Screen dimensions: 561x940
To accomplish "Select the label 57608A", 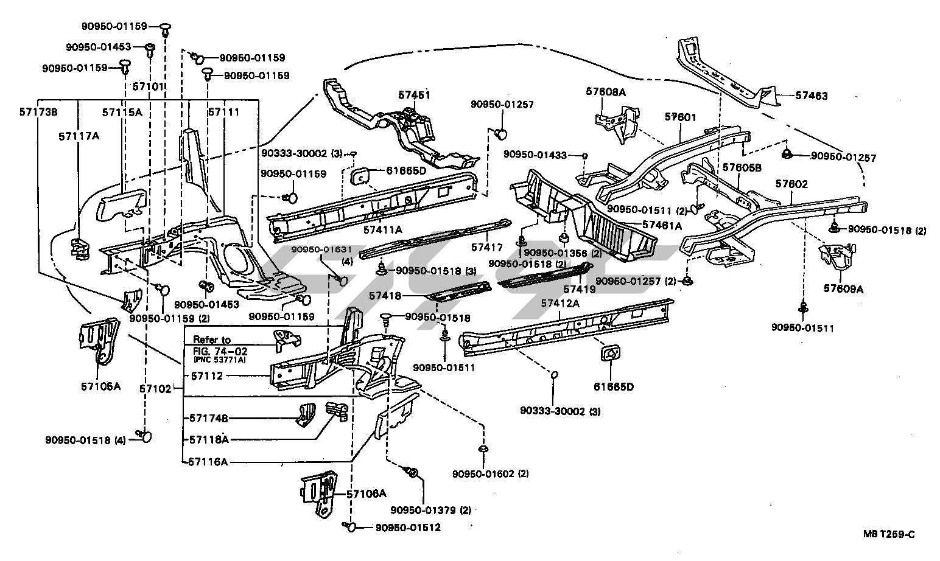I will [x=606, y=91].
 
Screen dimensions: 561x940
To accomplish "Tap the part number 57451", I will [x=415, y=95].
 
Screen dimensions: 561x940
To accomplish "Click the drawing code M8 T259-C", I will [x=889, y=535].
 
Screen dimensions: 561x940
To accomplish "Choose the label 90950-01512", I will [x=407, y=528].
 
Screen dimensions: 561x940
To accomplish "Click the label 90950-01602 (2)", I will [x=490, y=474].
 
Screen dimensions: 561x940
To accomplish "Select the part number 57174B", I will [x=209, y=418].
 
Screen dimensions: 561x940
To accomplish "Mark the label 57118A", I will [x=209, y=439].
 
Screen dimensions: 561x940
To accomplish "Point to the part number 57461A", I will [x=662, y=225].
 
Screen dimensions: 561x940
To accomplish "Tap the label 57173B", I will [x=38, y=111].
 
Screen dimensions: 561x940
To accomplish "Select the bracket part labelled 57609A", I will [x=839, y=256].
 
